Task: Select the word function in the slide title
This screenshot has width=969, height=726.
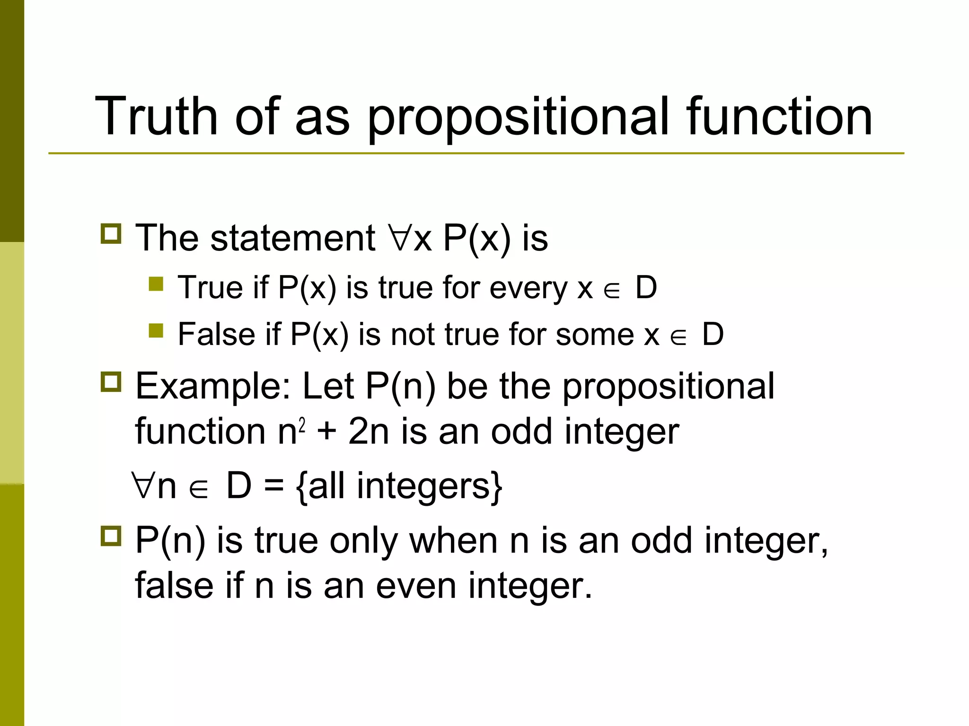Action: pos(778,116)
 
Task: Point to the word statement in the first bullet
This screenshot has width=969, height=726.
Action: pos(292,238)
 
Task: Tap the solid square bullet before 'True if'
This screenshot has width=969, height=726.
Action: pos(156,284)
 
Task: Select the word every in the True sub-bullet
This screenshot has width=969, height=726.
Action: pos(528,288)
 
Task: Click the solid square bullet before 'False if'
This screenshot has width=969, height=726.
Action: pos(156,330)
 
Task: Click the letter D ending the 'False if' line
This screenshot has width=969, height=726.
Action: pos(713,334)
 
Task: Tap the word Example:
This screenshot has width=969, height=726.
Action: pos(213,386)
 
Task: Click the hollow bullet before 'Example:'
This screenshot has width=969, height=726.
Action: pos(111,381)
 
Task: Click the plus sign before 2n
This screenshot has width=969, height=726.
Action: pos(326,432)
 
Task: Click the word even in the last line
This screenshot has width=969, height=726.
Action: pos(417,586)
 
